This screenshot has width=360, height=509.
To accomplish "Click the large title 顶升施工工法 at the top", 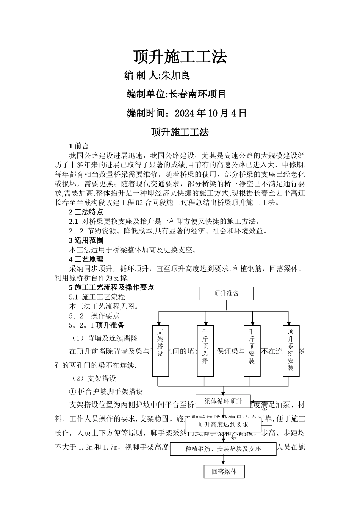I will pos(180,57).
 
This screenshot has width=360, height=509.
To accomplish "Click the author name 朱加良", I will pos(175,75).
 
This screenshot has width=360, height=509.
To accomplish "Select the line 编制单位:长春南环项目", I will pos(176,94).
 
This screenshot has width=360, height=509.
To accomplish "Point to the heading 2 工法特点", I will pos(86,212).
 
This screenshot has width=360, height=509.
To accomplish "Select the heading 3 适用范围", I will pos(86,240).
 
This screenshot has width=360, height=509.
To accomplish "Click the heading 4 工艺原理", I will pos(86,259).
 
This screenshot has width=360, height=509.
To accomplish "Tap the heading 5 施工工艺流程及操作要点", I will pos(111,287).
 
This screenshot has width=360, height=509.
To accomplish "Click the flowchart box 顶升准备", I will pos(226,293).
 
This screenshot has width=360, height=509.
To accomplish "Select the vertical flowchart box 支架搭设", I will pos(160,350).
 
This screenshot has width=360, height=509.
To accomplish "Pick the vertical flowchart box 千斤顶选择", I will pos(205,350).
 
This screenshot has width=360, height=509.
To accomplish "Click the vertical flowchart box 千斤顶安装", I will pos(252,350).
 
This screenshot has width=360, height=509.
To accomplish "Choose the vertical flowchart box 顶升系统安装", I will pos(291,350).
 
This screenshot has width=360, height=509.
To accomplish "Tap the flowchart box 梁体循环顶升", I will pos(223,401).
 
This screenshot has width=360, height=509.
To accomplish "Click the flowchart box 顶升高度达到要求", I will pos(223,425).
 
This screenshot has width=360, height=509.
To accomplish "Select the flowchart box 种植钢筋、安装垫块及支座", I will pos(223,449).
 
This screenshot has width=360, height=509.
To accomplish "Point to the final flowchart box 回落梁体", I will pos(224,472).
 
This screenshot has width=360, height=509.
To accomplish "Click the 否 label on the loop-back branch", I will pos(265,410).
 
